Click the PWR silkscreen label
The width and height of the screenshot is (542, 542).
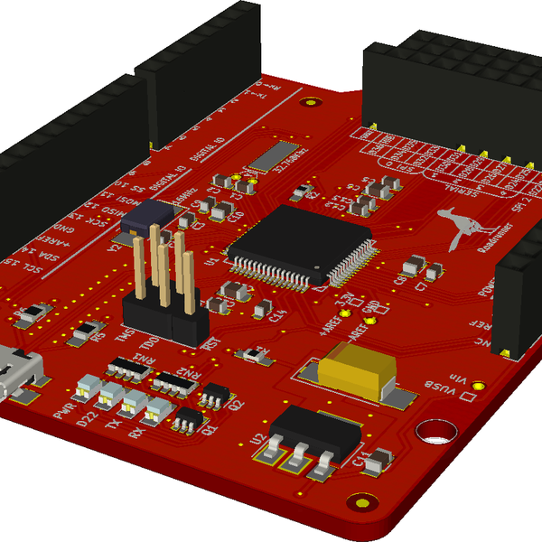tap(64, 412)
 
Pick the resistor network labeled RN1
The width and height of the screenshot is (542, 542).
tap(129, 369)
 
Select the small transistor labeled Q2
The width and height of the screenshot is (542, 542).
tap(215, 394)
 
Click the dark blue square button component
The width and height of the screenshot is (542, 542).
tap(152, 217)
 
